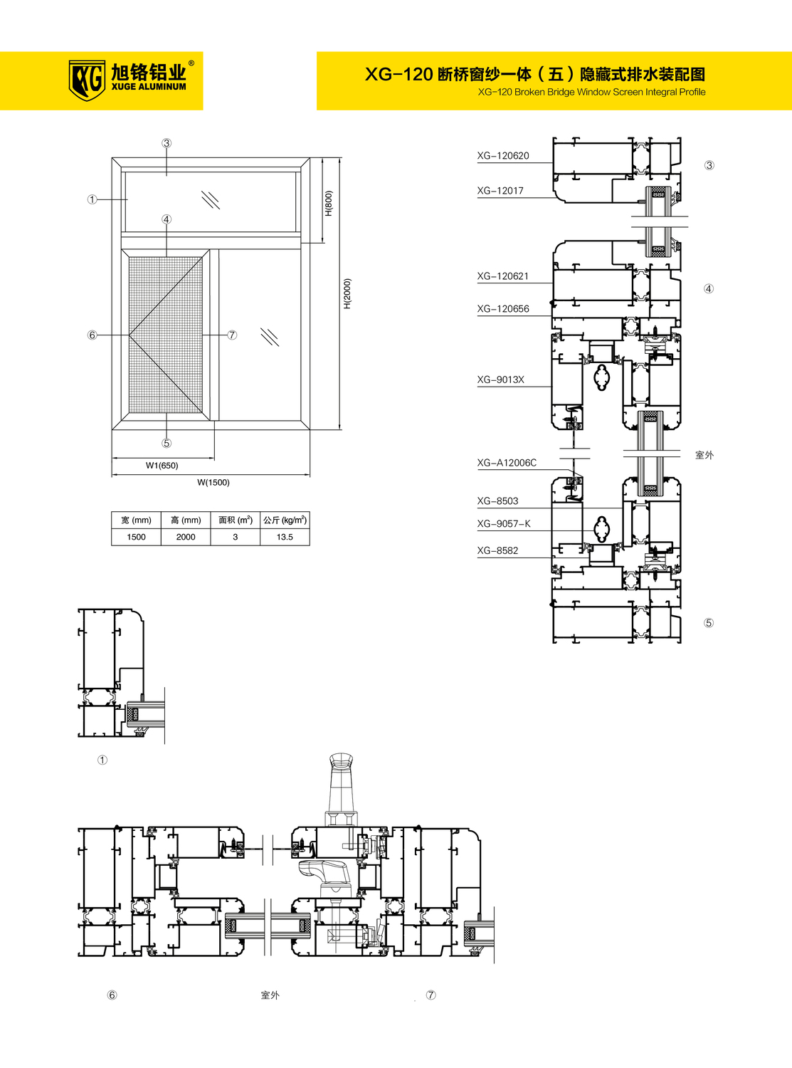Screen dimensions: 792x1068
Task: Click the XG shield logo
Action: tap(87, 80)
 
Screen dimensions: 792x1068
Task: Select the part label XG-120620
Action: tap(502, 156)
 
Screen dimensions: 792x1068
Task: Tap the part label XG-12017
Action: tap(500, 191)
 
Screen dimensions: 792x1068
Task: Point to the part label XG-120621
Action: tap(502, 276)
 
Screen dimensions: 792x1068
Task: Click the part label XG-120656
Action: tap(502, 309)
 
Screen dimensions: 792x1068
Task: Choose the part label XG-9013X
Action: tap(500, 380)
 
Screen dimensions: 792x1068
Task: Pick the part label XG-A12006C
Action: tap(507, 464)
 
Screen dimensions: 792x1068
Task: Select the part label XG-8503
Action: tap(497, 501)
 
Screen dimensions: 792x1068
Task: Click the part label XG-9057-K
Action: tap(504, 524)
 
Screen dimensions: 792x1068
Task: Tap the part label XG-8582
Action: tap(497, 551)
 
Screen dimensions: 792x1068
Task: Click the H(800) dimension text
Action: tap(328, 204)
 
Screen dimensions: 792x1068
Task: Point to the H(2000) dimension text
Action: tap(348, 294)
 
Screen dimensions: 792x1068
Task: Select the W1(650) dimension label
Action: tap(162, 466)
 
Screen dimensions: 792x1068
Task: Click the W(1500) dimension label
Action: tap(213, 483)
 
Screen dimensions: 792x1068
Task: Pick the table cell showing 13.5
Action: tap(285, 537)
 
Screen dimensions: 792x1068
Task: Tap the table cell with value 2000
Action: tap(186, 537)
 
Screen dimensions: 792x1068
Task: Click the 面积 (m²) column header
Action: tap(236, 520)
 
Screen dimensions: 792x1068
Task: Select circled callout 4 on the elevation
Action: tap(167, 219)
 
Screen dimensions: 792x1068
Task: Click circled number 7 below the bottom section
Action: tap(431, 995)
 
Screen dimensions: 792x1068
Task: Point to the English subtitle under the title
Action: tap(592, 92)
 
